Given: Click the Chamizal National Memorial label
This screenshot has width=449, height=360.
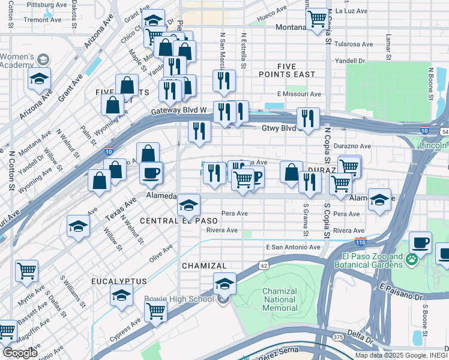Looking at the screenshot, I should point(280,299).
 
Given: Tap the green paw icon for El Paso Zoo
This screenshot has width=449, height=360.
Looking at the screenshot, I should point(411,260).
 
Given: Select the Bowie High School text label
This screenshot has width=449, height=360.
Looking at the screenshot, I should point(178,299).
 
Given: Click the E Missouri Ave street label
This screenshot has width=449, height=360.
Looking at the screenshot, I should point(298,94).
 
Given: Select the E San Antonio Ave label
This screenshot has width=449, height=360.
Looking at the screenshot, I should point(293,247).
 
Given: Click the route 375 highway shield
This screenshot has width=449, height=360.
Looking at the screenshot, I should point(339,338).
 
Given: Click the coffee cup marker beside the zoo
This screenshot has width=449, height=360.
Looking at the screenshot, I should point(420,243).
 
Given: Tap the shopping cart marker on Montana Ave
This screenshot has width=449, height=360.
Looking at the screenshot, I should point(318,18).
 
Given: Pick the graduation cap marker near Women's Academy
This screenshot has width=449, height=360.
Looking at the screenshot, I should point(40,79).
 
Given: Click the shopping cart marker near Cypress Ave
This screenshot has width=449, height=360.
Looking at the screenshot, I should point(155,311).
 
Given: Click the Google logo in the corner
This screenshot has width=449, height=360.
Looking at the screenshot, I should point(19,352).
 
